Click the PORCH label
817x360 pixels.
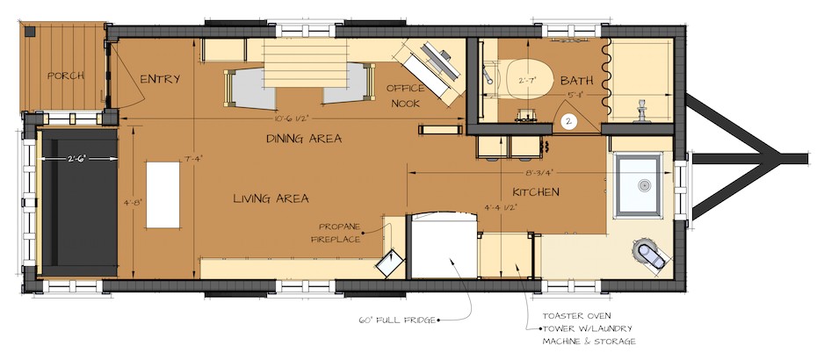click(66, 76)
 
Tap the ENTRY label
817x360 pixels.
click(161, 79)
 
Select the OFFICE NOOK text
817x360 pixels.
click(405, 96)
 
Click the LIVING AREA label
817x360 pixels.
click(271, 198)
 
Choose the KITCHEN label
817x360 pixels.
click(536, 191)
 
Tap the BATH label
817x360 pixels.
click(577, 81)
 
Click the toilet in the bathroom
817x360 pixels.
click(524, 80)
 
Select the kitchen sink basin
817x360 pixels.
click(640, 184)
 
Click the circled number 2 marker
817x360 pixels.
click(569, 121)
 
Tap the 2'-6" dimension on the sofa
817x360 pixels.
click(79, 158)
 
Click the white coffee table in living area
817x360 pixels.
click(163, 194)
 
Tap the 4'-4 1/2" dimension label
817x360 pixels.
click(501, 206)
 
